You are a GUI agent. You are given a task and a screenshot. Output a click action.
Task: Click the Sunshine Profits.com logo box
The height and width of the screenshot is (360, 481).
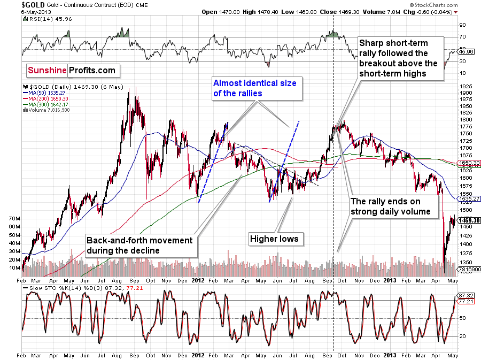[x=72, y=70]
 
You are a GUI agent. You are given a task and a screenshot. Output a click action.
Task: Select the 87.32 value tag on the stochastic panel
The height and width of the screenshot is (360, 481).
[x=463, y=295]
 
